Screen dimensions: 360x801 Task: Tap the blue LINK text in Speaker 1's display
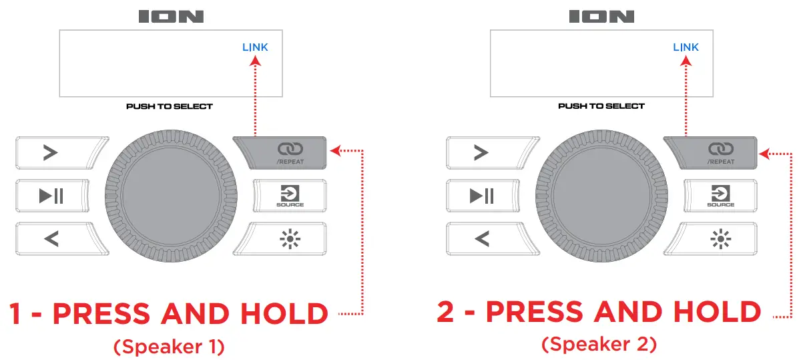[255, 47]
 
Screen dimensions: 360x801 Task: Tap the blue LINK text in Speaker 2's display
[686, 47]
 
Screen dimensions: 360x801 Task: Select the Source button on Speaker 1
[290, 196]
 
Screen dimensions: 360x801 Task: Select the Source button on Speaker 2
[720, 196]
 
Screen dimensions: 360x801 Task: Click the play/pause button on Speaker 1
[52, 196]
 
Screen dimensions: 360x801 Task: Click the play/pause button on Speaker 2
[483, 196]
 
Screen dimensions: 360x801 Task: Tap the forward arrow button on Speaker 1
[52, 153]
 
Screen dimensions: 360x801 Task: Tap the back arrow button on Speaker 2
[483, 238]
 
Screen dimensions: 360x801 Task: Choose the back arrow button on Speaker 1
[52, 238]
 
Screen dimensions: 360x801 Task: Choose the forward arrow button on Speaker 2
[483, 153]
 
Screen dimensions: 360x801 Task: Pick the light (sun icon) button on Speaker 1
[290, 238]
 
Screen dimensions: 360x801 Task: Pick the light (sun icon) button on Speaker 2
[720, 238]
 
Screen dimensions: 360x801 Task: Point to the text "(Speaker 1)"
[169, 347]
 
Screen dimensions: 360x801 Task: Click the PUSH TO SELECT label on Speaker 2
[601, 106]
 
